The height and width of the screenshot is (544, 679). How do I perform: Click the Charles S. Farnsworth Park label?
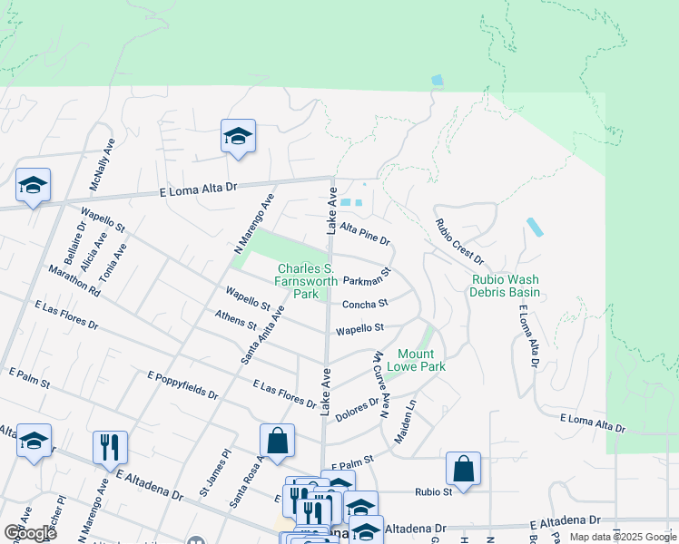305,281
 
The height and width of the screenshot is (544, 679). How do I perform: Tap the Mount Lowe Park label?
416,360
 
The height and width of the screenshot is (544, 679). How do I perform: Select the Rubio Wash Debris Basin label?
505,286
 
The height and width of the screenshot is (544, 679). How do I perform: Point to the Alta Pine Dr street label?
365,234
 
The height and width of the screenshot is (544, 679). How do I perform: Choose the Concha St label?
365,304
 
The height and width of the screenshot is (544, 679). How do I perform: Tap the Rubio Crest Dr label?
458,243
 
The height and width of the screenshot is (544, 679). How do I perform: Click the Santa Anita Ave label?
262,335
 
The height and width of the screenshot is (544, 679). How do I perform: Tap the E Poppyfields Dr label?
182,385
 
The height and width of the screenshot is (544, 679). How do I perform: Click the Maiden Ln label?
405,422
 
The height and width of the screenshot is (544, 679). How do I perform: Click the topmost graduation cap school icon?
238,137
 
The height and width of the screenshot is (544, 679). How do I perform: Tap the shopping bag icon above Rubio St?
463,469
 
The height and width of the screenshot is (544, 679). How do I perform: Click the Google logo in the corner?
29,533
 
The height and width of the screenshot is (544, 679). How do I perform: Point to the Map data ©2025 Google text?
622,537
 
